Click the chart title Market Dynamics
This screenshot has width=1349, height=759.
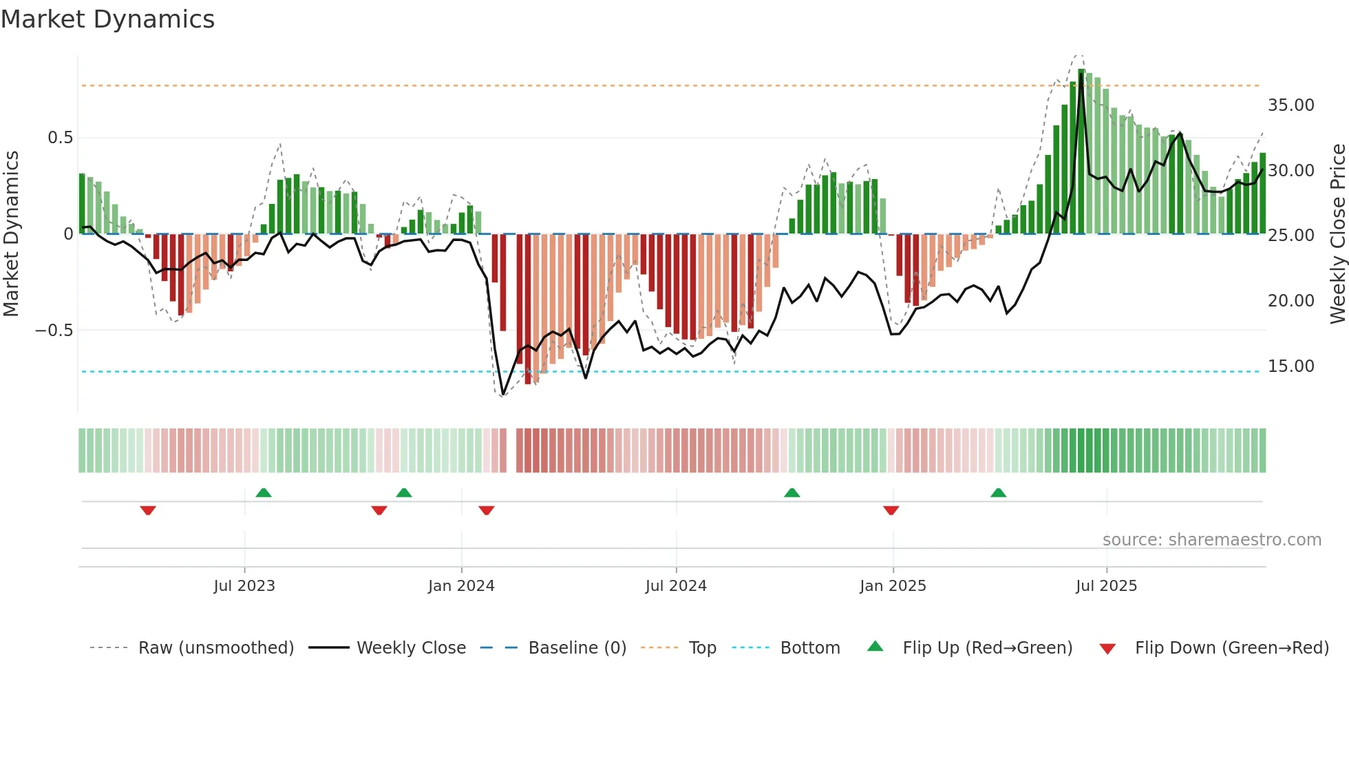click(x=107, y=19)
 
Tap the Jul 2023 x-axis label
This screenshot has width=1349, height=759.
click(x=244, y=586)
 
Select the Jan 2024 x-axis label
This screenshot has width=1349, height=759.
click(x=461, y=586)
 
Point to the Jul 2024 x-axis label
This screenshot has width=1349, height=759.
click(x=676, y=586)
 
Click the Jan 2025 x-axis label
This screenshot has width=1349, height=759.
click(x=893, y=586)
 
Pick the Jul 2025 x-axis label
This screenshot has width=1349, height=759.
click(x=1106, y=586)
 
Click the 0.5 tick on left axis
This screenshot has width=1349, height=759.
click(x=60, y=138)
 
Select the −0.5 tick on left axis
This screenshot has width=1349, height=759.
click(x=54, y=331)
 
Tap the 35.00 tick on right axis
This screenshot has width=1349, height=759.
click(x=1290, y=105)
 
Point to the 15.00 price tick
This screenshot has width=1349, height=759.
click(x=1290, y=366)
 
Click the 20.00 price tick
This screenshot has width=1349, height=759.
click(x=1290, y=301)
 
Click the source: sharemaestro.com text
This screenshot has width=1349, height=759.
click(x=1211, y=540)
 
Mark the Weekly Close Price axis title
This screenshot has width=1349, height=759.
click(x=1337, y=234)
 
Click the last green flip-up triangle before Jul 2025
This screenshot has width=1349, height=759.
click(x=998, y=492)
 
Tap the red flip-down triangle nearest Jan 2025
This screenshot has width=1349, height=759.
click(x=891, y=510)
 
